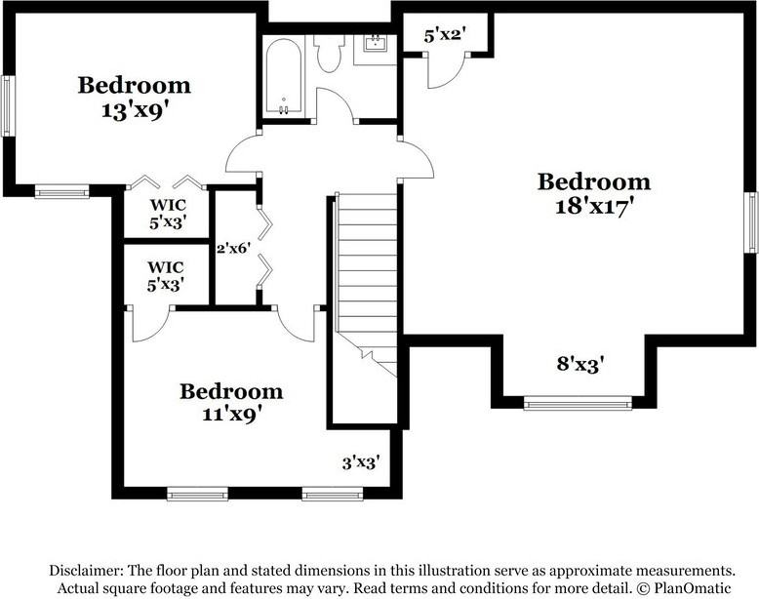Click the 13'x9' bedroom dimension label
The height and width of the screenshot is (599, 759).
[x=135, y=110]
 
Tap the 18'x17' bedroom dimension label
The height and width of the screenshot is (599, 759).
[x=594, y=207]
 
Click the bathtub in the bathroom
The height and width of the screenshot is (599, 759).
[x=284, y=78]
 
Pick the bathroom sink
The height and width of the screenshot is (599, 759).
[x=374, y=45]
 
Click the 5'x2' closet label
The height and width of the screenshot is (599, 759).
[x=445, y=36]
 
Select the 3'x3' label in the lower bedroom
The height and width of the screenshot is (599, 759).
[x=360, y=462]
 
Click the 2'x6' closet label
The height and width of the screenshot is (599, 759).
[x=234, y=249]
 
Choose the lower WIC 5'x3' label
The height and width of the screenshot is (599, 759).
[x=166, y=274]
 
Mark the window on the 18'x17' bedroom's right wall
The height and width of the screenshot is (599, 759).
[x=752, y=222]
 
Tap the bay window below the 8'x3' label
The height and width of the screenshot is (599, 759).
[x=578, y=402]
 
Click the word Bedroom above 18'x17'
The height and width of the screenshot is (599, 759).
[x=594, y=181]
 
